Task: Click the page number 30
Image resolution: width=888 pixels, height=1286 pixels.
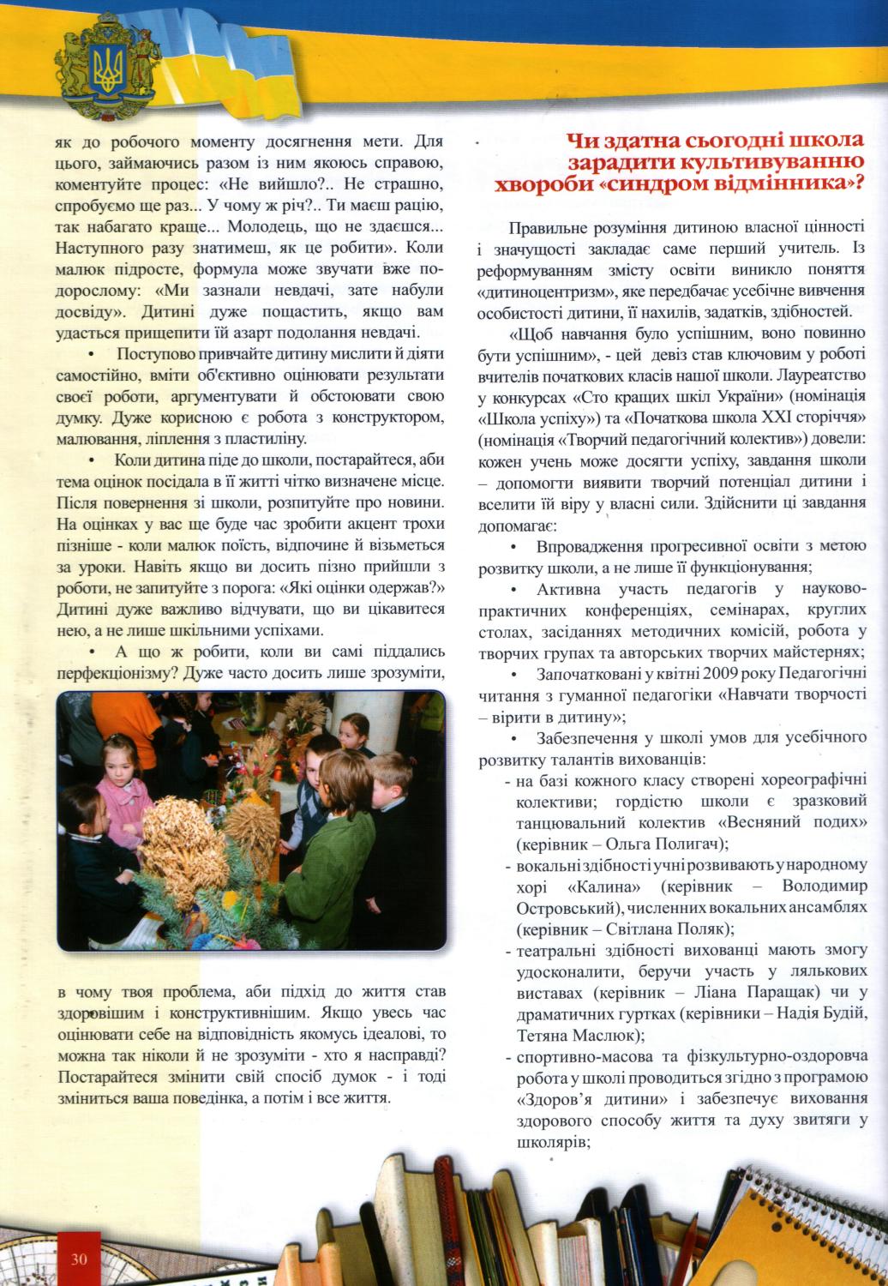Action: pos(80,1259)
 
